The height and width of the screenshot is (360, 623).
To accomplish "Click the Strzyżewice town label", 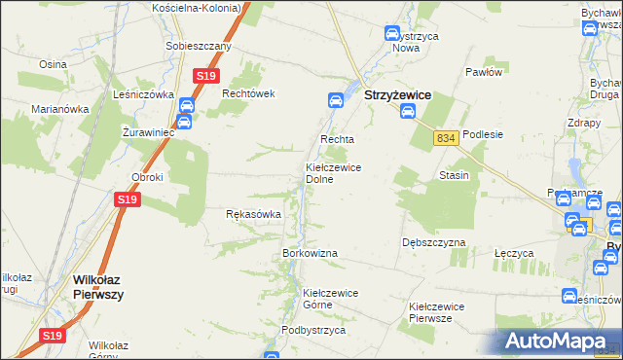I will click(397, 96).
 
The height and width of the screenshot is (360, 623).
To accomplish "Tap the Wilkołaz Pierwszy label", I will click(97, 287).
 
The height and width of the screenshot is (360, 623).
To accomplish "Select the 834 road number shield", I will click(446, 139).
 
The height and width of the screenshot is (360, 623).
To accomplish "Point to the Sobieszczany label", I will click(199, 47).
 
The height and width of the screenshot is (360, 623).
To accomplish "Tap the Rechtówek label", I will click(250, 93).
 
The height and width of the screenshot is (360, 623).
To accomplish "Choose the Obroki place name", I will click(147, 177).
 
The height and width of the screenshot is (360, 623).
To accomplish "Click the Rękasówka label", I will click(253, 214).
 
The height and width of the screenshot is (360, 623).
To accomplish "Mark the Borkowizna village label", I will click(310, 253).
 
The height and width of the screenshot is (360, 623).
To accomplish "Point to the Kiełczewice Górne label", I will click(331, 298).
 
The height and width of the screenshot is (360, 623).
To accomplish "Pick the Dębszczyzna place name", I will click(433, 241).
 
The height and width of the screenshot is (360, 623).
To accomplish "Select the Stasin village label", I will click(454, 176).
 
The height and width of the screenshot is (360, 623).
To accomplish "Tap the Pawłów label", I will click(483, 72).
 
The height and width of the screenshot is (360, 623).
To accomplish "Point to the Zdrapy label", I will click(583, 124).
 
